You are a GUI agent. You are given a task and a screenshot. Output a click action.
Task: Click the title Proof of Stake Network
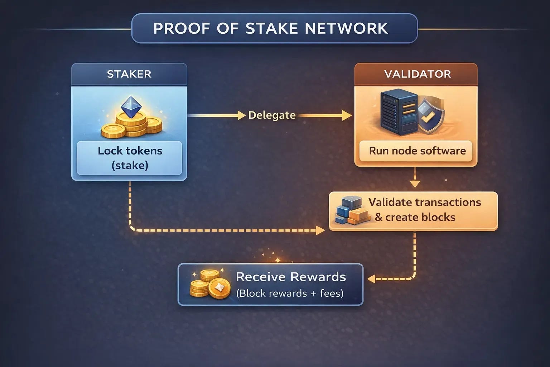coord(270,28)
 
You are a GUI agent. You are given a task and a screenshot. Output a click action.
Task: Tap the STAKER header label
coord(129,74)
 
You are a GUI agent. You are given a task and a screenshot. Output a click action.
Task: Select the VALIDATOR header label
coord(417,74)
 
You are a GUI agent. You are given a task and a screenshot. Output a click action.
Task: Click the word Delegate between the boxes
coord(272,115)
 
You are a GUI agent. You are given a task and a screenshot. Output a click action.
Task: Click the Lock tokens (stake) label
coord(130,158)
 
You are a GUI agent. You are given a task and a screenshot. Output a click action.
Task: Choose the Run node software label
coord(417,151)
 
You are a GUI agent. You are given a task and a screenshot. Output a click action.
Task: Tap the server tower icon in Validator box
coord(399,112)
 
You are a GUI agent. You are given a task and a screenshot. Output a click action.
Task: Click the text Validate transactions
coord(424,202)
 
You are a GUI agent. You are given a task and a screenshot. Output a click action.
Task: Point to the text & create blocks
coord(415,217)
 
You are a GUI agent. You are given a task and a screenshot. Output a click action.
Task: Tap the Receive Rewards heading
coord(291,277)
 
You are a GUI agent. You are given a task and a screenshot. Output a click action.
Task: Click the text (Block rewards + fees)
coord(290,293)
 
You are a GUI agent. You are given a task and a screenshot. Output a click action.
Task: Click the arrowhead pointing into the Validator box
coord(346,115)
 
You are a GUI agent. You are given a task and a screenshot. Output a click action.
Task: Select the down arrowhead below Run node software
coord(415,184)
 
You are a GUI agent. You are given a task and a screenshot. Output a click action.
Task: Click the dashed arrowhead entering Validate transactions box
coord(320,230)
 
